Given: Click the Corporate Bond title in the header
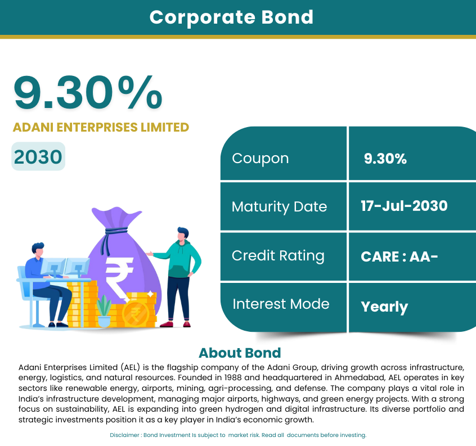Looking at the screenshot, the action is click(x=231, y=17).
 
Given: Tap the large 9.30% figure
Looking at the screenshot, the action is click(x=88, y=92).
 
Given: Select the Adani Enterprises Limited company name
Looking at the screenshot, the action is click(x=101, y=128).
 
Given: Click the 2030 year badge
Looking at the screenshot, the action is click(x=38, y=156).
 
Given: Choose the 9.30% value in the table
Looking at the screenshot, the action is click(x=385, y=159).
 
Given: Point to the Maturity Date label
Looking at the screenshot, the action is click(x=279, y=207).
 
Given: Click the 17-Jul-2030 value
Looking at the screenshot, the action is click(x=404, y=206).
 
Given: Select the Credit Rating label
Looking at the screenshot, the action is click(x=278, y=256).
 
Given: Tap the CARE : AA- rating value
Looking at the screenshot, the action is click(x=399, y=256).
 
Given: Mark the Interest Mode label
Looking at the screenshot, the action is click(x=281, y=304).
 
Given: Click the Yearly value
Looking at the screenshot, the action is click(x=384, y=307).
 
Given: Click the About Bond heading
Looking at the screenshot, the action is click(x=240, y=353).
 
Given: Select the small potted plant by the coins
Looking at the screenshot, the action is click(x=104, y=310).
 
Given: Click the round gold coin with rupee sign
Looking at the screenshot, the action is click(x=136, y=314).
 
